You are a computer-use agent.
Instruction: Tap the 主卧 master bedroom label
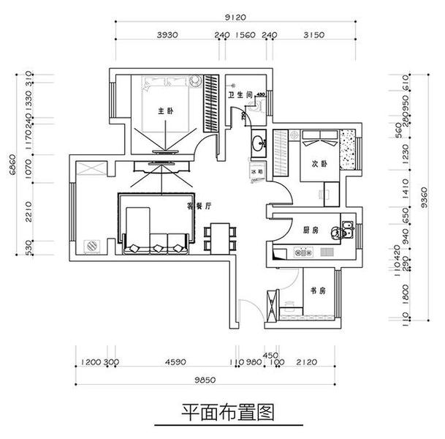165,111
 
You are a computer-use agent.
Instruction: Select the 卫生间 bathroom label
239,95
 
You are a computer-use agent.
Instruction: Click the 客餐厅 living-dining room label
199,207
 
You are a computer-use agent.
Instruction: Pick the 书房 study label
317,290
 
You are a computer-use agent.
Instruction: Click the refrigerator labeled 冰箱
256,171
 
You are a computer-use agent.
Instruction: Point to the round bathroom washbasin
258,143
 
